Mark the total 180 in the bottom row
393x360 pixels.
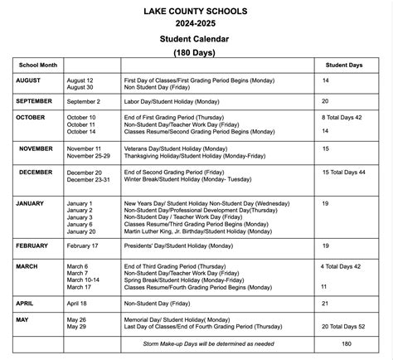[x=346, y=342]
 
